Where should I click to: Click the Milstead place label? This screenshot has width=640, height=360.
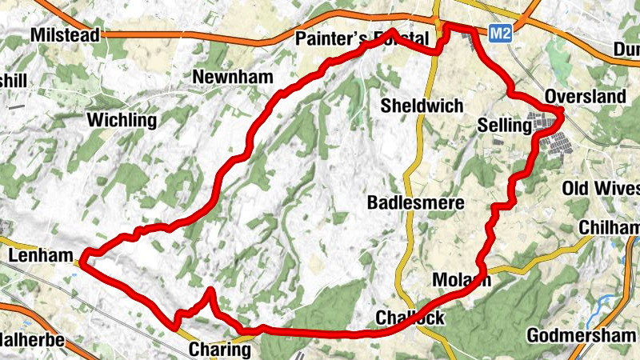click(x=65, y=35)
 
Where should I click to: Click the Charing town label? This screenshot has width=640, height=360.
click(x=220, y=350)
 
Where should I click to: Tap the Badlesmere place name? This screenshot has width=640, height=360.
click(x=415, y=203)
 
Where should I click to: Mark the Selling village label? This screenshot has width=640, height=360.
click(x=504, y=126)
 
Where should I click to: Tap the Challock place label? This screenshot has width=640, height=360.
click(x=410, y=318)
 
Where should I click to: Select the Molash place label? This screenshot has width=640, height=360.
click(x=460, y=280)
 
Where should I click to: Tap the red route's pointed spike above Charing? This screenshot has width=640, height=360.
click(x=210, y=291)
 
